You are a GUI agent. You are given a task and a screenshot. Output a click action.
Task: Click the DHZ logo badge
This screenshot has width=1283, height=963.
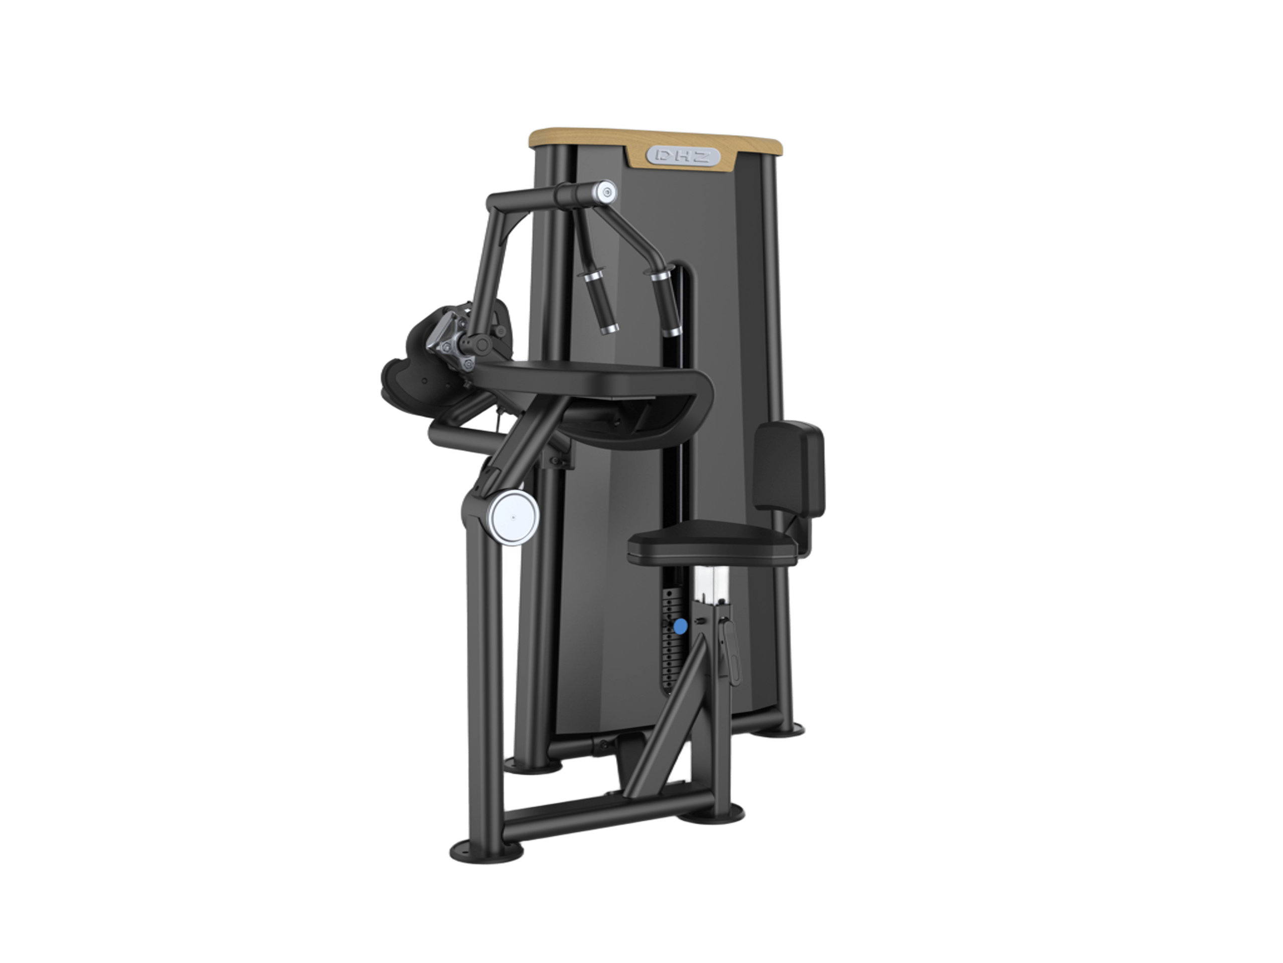point(683,156)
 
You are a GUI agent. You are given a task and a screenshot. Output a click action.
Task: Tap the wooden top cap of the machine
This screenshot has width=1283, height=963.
point(656,143)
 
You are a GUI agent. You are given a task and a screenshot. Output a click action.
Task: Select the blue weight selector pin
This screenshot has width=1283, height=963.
point(681,627)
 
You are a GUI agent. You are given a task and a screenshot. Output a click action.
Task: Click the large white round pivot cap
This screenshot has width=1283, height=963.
point(513,517)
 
